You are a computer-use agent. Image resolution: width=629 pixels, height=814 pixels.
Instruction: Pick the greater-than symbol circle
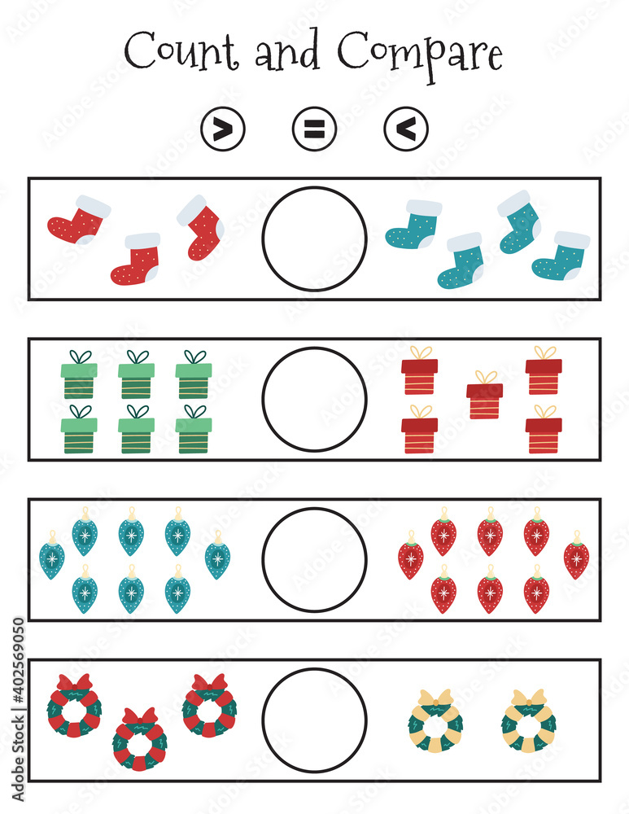tap(222, 129)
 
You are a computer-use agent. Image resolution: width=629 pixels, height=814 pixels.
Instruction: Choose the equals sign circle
tap(314, 129)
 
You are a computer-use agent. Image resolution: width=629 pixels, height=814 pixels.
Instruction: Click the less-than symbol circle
tap(406, 129)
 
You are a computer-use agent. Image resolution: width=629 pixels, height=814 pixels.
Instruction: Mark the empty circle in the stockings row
tap(314, 239)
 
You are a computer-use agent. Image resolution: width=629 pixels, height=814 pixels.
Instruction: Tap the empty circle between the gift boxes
tap(314, 399)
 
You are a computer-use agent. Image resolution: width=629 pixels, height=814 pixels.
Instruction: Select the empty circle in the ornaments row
tap(314, 559)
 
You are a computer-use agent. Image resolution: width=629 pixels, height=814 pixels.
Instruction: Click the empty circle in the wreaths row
tap(314, 720)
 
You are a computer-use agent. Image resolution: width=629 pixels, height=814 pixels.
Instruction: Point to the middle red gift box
tap(485, 396)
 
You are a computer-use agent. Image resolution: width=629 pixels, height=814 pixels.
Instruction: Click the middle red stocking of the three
tap(137, 260)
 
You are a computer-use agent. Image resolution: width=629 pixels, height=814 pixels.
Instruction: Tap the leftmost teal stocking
tap(413, 225)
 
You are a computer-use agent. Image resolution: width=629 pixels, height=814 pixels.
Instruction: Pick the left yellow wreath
tap(435, 720)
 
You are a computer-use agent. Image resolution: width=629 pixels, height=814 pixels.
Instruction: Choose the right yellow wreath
tap(529, 720)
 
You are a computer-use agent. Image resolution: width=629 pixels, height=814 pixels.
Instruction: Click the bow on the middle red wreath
tap(139, 717)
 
